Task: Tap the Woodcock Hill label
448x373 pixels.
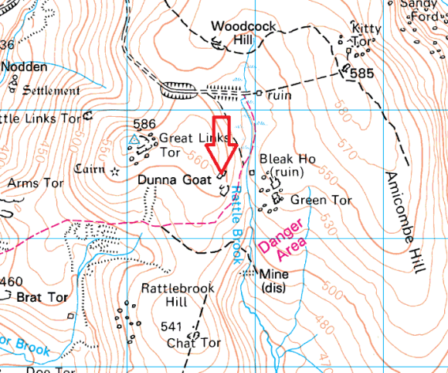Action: pos(243,33)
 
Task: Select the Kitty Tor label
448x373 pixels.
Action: pos(365,35)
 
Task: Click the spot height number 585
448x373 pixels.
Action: pos(361,74)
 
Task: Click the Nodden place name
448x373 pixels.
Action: pos(24,67)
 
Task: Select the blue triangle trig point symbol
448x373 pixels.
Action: pos(134,139)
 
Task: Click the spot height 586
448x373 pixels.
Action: pos(144,124)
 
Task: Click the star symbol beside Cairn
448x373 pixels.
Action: pos(116,170)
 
